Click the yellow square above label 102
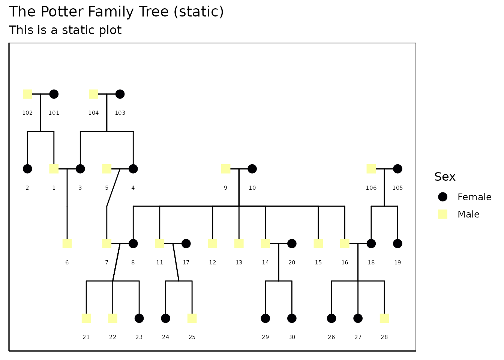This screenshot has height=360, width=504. coord(27,94)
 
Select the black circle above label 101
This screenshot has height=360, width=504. coord(54,94)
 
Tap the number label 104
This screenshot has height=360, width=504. coord(93,113)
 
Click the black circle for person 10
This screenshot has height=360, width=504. coord(252,169)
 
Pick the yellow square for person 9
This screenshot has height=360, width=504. coord(226,169)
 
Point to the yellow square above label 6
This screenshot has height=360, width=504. coord(67,243)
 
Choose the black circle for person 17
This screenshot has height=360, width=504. coord(186,243)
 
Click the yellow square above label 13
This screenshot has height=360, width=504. coord(239,243)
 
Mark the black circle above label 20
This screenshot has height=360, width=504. coord(292,243)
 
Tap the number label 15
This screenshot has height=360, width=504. coord(318,262)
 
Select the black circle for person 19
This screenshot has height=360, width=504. coord(397,243)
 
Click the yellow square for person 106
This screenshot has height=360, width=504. coord(371,169)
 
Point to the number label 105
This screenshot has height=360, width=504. coord(397,187)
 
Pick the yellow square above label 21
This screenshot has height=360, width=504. coord(86,318)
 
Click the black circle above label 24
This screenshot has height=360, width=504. coord(166,318)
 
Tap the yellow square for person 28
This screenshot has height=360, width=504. coord(384,318)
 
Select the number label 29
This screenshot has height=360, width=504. coord(265,337)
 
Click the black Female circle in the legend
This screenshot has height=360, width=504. coord(442,197)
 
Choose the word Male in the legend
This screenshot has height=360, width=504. coord(468,214)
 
